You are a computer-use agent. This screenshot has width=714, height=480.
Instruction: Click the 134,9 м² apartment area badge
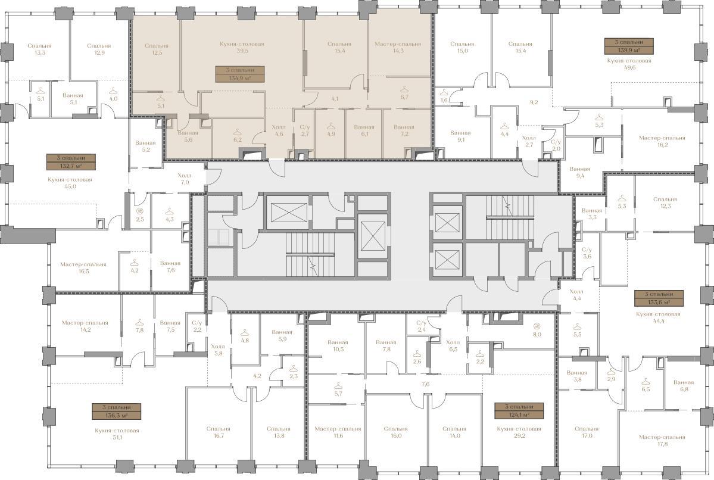pos(239,74)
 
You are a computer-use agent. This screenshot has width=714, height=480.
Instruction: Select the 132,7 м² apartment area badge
pos(71,161)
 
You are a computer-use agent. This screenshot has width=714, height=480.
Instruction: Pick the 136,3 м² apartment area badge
pos(117,412)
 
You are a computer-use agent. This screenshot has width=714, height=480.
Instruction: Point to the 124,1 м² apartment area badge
pos(519,411)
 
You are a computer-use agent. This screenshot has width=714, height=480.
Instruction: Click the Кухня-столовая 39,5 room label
pos(242,48)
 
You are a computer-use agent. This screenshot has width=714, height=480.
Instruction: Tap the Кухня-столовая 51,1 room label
pos(117,434)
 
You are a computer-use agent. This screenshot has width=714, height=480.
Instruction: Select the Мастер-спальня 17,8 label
pos(662,441)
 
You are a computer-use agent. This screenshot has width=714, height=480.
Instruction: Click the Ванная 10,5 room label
pos(338,346)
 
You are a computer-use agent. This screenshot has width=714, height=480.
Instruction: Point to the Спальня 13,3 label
pos(39,49)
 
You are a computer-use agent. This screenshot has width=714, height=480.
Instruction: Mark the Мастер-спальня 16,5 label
pos(83,268)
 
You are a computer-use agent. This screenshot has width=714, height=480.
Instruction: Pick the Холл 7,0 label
pos(185,179)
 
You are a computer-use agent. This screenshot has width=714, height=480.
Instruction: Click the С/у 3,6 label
pos(587,253)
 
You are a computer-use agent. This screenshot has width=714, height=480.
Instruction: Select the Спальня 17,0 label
pos(587,432)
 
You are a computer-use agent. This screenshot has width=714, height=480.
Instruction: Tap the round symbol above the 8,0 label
pos(537,326)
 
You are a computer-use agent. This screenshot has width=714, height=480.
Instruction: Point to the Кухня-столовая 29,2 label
pos(519,432)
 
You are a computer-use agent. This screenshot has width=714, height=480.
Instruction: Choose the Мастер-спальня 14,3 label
pos(398,48)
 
